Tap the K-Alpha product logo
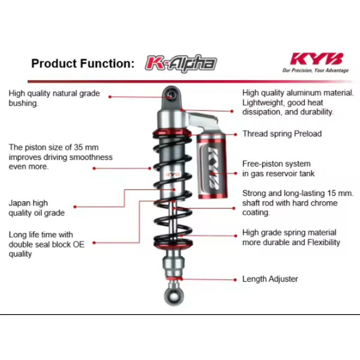pos(180,63)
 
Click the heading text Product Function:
pos(83,63)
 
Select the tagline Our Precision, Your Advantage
pos(315,70)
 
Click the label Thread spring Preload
pos(282,134)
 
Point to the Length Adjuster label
pos(270,279)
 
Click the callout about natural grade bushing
pos(54,99)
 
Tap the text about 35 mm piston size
pos(60,157)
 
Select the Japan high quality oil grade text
pos(36,208)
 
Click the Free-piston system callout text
pos(279,169)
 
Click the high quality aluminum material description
pos(298,103)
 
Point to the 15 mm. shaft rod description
pos(298,203)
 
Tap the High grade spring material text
pos(291,238)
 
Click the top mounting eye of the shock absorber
pos(171,94)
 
